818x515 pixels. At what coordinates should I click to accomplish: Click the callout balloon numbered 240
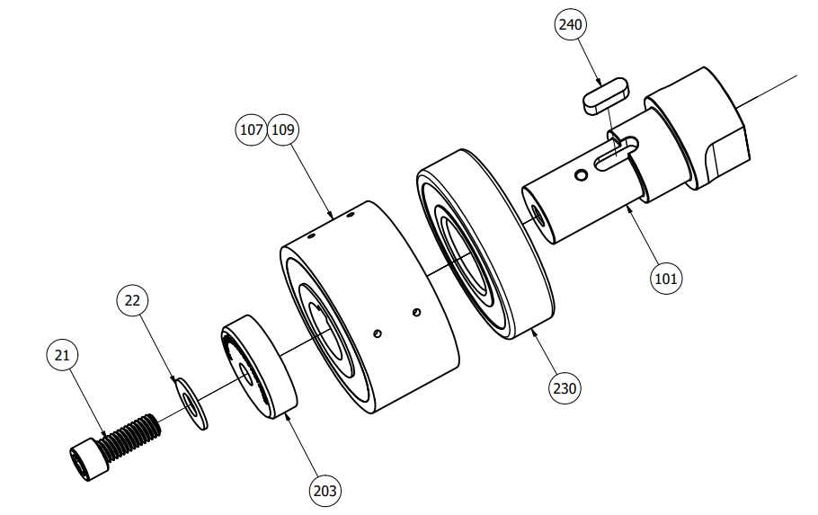pos(570,24)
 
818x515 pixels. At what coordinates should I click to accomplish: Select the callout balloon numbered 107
pos(251,129)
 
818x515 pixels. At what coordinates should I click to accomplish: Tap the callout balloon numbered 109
pos(283,129)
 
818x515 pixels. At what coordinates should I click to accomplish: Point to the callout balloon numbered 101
pos(666,279)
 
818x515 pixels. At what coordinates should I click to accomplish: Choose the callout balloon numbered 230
pos(565,388)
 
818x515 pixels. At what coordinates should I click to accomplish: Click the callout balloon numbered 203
pos(325,491)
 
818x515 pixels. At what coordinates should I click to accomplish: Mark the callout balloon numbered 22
pos(132,300)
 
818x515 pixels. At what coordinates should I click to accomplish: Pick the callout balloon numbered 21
pos(62,355)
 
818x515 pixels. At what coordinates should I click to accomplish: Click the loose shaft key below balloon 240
pos(606,95)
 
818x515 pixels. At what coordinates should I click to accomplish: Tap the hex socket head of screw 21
pos(89,458)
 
